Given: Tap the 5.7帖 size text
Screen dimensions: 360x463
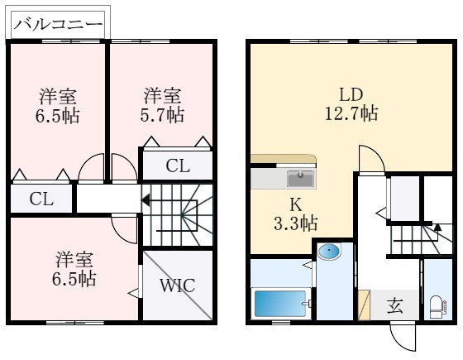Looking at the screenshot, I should click(162, 115).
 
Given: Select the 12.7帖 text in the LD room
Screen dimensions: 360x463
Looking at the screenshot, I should click(351, 112).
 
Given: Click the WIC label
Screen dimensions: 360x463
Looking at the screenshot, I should click(177, 286).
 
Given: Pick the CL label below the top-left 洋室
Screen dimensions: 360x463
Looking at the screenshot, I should click(41, 199).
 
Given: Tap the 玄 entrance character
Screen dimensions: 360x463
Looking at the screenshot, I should click(395, 305).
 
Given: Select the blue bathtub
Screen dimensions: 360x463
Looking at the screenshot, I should click(280, 303).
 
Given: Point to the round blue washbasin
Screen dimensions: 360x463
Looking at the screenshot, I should click(328, 251).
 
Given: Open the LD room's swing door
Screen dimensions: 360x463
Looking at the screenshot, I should click(370, 159).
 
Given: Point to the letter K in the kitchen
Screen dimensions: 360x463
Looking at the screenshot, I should click(295, 204).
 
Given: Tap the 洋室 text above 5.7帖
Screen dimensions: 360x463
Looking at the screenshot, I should click(162, 95).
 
